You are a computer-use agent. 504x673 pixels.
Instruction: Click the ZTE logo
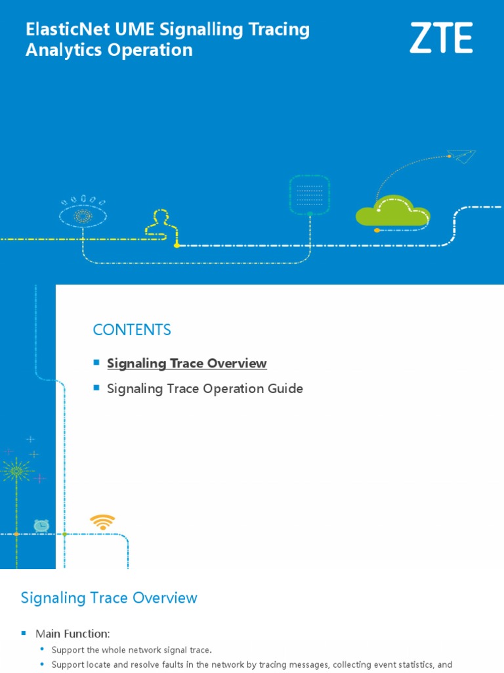441,38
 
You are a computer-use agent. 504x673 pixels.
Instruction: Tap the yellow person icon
158,223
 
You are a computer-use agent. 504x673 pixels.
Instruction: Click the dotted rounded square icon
309,194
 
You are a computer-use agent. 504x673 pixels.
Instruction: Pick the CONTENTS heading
132,330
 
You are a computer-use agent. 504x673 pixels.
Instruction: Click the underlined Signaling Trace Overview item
187,363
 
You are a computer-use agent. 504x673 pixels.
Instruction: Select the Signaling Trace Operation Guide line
205,388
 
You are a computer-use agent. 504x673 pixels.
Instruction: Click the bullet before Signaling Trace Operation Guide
96,387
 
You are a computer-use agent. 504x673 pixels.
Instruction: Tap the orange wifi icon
102,522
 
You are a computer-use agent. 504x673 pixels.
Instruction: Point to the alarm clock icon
41,525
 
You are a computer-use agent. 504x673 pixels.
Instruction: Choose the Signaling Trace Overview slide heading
109,598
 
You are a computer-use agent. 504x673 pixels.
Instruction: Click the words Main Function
72,634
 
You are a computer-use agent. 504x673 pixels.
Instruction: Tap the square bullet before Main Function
24,633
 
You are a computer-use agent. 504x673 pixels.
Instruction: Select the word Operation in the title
150,51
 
